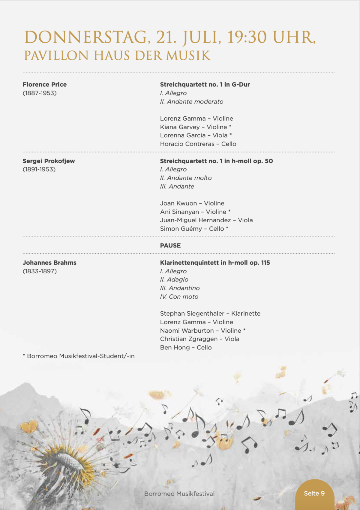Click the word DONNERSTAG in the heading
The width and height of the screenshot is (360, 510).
tap(85, 37)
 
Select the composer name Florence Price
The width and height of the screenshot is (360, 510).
tap(45, 85)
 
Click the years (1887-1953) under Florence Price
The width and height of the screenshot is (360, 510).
tap(40, 93)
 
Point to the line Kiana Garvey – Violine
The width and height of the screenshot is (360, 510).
tap(195, 127)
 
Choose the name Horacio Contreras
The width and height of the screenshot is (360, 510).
tap(187, 144)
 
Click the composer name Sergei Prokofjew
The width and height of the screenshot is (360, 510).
tap(49, 161)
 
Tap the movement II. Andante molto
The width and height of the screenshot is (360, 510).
tap(186, 178)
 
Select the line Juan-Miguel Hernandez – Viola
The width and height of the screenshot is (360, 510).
tap(206, 220)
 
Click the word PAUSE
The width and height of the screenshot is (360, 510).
tap(170, 245)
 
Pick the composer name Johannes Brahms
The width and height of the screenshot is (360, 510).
tap(49, 263)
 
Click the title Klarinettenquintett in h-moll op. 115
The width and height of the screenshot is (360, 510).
tap(215, 263)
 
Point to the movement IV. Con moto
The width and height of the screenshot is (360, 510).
tap(179, 297)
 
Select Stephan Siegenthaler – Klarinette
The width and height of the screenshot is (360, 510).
tap(210, 313)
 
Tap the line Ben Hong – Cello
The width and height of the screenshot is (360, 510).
tap(186, 347)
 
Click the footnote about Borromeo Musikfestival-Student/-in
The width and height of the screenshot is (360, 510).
tap(79, 356)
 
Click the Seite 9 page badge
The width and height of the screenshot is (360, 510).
tap(314, 493)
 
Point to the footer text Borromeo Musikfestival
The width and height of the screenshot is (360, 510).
tap(179, 494)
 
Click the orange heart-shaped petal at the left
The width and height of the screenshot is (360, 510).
tap(29, 426)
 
